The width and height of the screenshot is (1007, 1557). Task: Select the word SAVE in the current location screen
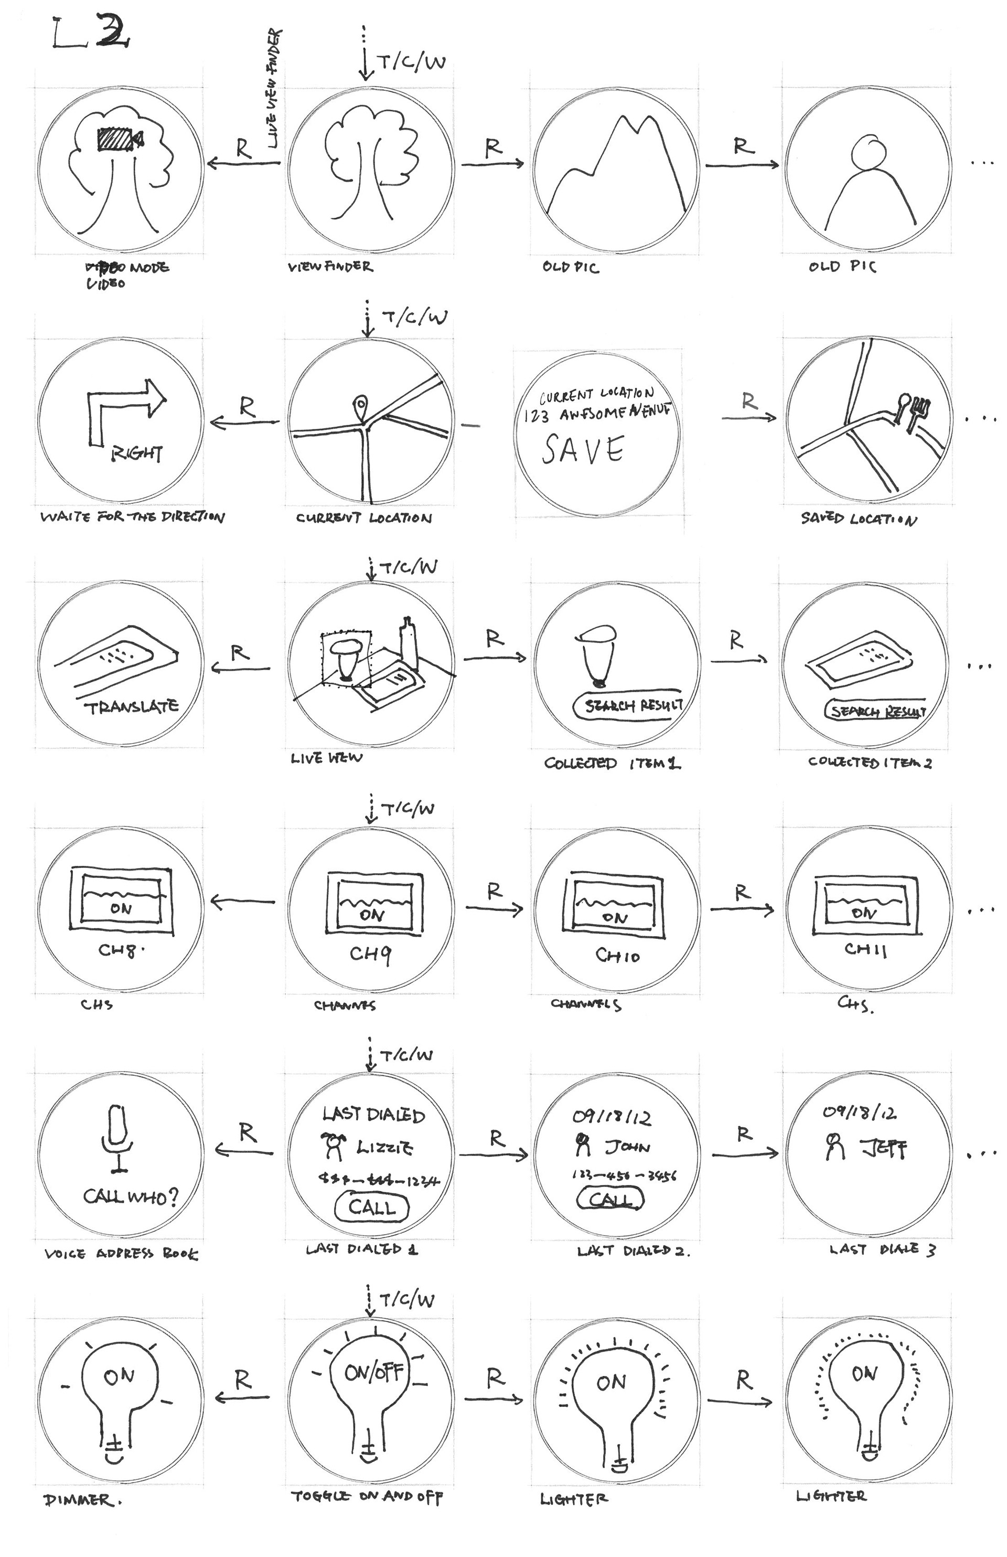583,450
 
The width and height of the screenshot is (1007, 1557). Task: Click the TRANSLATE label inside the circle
131,706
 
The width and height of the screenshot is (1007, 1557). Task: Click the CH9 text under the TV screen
370,955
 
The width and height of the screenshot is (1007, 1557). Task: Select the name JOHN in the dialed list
626,1147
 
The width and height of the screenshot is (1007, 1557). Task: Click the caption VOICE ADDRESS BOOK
120,1254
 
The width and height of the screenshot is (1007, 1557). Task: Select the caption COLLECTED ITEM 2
870,762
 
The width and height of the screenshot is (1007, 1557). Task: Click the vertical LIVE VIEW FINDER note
273,88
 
